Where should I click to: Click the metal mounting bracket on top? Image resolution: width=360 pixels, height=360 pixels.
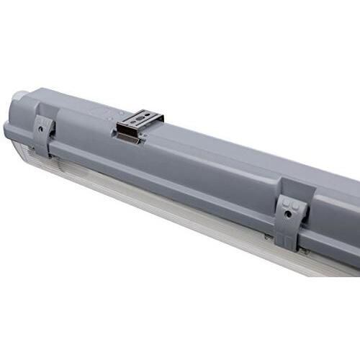pos(140,124)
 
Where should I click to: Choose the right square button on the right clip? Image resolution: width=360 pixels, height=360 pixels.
pos(295,204)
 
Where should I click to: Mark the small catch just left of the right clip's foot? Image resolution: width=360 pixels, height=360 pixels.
pos(268,235)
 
